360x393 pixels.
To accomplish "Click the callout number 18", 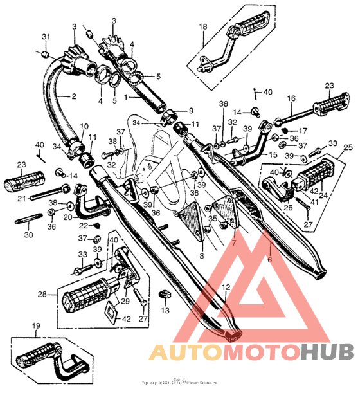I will click(203, 26).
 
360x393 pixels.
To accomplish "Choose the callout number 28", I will click(42, 294).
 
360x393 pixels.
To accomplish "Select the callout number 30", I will click(28, 235).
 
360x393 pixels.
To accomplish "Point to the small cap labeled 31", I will click(48, 52).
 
